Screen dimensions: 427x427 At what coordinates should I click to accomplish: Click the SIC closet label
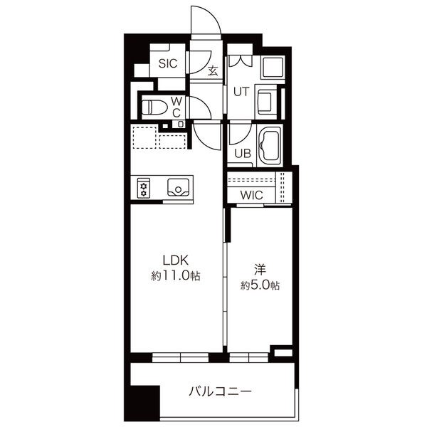coord(167,64)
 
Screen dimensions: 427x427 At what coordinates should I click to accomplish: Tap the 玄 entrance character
coord(213,70)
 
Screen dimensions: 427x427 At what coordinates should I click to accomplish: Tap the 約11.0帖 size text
coord(174,275)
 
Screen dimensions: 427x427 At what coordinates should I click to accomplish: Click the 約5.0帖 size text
coord(260,285)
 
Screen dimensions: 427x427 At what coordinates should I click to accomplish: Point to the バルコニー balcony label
coord(220,391)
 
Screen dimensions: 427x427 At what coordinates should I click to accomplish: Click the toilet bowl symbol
coord(154,108)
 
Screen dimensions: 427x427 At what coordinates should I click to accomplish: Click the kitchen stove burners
coord(143,188)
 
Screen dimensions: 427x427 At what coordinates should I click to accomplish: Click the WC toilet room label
coord(177,107)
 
